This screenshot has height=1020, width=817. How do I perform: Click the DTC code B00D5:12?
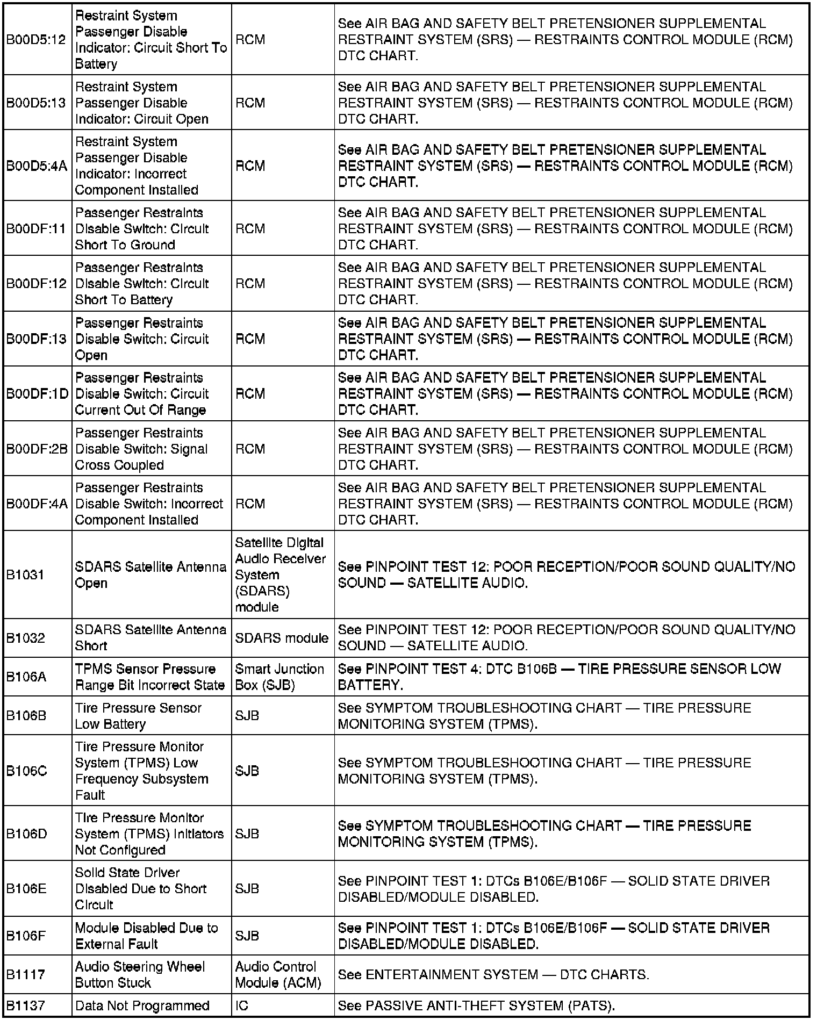pyautogui.click(x=36, y=40)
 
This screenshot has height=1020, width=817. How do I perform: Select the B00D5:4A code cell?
pyautogui.click(x=37, y=166)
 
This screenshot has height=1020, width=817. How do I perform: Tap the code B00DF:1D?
pyautogui.click(x=37, y=394)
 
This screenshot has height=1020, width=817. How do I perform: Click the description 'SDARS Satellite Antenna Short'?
pyautogui.click(x=150, y=637)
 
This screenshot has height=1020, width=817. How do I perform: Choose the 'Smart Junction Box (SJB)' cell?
pyautogui.click(x=279, y=677)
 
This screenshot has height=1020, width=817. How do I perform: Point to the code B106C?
pyautogui.click(x=27, y=771)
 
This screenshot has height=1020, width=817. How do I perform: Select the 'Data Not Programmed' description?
pyautogui.click(x=142, y=1005)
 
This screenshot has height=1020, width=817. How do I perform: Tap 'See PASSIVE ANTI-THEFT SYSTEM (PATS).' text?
pyautogui.click(x=476, y=1005)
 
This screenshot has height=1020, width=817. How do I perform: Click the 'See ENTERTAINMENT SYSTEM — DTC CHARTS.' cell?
pyautogui.click(x=493, y=974)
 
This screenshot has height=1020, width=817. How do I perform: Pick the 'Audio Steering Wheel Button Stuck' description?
pyautogui.click(x=140, y=974)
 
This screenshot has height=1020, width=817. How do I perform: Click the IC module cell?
pyautogui.click(x=242, y=1005)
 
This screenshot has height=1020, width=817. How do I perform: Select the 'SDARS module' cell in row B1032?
pyautogui.click(x=282, y=638)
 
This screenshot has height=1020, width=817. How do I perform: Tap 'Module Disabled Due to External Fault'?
pyautogui.click(x=146, y=936)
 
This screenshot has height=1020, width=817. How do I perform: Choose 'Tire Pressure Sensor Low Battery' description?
pyautogui.click(x=138, y=716)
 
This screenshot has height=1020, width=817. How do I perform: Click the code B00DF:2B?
pyautogui.click(x=37, y=449)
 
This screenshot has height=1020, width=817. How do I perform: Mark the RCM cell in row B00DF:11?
pyautogui.click(x=250, y=228)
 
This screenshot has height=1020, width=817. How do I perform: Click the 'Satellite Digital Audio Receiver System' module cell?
pyautogui.click(x=280, y=574)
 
